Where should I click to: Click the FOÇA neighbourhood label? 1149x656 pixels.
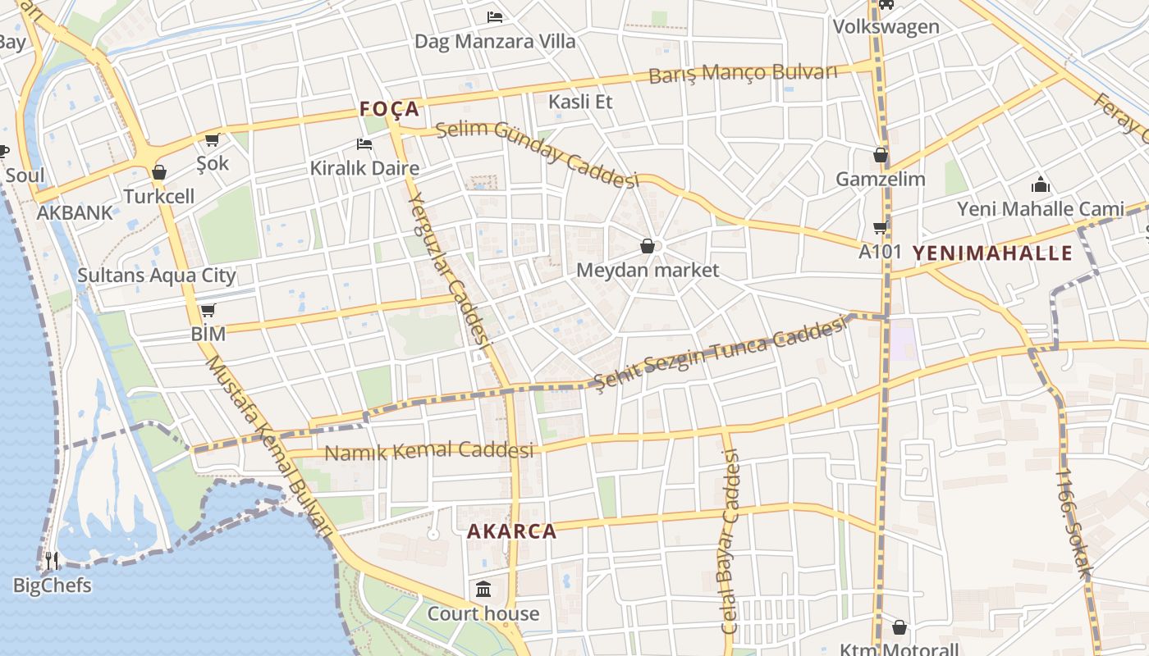(x=389, y=109)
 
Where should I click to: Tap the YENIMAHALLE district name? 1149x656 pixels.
(x=992, y=253)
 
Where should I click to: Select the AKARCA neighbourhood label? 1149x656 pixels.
(x=511, y=531)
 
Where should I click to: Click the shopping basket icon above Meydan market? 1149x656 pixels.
(x=648, y=246)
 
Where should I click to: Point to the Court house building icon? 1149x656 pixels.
(x=483, y=590)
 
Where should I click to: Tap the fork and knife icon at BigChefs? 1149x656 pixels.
(x=52, y=561)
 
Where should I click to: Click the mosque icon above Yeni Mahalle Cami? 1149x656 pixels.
(x=1041, y=184)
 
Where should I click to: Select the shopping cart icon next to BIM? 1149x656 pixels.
(x=208, y=310)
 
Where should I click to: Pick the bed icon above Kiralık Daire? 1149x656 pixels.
(x=364, y=144)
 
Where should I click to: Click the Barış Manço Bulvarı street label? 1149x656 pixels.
(x=743, y=73)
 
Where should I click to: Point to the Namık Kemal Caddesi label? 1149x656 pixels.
(x=428, y=451)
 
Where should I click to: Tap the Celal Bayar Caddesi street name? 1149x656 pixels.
(x=730, y=541)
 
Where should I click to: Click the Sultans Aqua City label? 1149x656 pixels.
(x=157, y=276)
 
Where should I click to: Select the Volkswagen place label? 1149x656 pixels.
(x=886, y=26)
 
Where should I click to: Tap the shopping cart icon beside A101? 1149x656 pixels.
(x=881, y=227)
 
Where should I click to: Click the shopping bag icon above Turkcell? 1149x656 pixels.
(x=159, y=172)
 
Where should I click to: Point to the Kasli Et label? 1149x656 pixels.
(x=580, y=102)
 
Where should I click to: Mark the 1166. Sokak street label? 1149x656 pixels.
(x=1074, y=523)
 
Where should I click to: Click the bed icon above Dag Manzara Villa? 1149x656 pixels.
(x=495, y=16)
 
